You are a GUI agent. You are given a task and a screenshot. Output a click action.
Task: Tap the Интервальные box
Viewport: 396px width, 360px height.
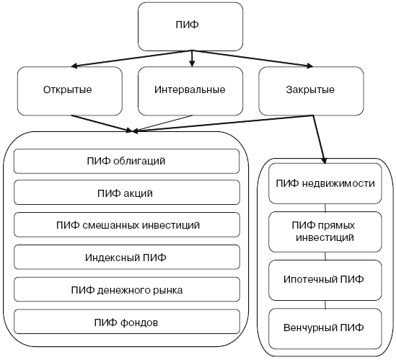point(190,90)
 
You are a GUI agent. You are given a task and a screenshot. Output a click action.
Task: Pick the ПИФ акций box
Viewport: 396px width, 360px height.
point(126,193)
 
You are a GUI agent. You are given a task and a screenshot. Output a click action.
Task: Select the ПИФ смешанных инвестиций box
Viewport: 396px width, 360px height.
point(126,225)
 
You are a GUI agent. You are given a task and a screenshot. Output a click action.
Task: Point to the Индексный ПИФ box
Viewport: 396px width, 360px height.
point(126,258)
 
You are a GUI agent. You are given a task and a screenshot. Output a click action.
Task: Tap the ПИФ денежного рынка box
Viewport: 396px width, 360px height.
point(126,290)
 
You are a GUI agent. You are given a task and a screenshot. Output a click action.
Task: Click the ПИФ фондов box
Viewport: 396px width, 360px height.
point(126,322)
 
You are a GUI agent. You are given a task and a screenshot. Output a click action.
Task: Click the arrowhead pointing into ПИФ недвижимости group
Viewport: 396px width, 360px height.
point(322,158)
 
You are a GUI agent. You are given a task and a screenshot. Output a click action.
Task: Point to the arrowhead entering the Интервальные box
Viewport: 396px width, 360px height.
point(191,63)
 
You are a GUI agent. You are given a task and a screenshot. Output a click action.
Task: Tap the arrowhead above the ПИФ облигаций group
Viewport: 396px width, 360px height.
point(131,131)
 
